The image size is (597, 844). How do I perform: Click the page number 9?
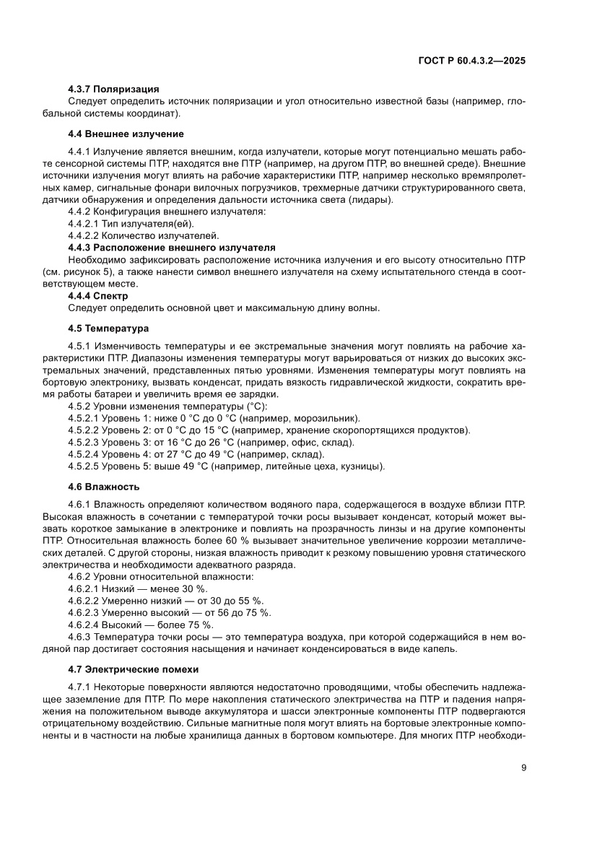(523, 768)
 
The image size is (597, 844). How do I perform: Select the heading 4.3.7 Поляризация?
(113, 89)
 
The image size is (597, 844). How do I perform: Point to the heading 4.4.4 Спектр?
(98, 296)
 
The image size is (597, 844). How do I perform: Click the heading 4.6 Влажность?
(104, 487)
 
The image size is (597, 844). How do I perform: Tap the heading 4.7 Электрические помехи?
(133, 669)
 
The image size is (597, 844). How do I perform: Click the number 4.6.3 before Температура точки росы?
(80, 637)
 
